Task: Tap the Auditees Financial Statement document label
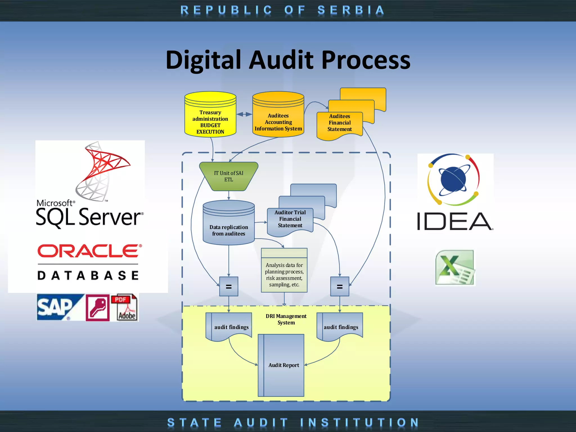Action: pos(339,123)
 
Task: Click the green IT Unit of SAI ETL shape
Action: pos(229,176)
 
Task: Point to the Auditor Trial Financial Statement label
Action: pos(290,219)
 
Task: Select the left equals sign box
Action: pos(229,287)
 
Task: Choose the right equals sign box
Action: pos(340,287)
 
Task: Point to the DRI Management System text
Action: pos(286,319)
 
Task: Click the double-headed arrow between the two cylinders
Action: pos(244,114)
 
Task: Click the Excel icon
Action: pos(455,267)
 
